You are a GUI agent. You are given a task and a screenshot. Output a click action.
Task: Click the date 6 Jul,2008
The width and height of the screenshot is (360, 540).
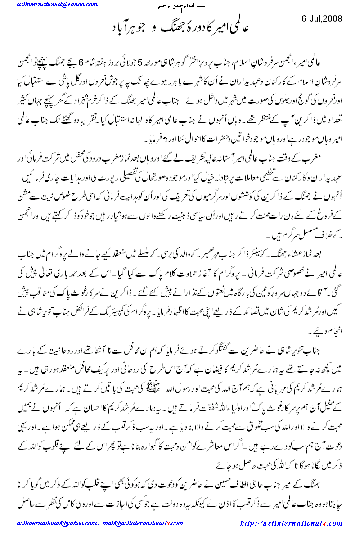(322, 19)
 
